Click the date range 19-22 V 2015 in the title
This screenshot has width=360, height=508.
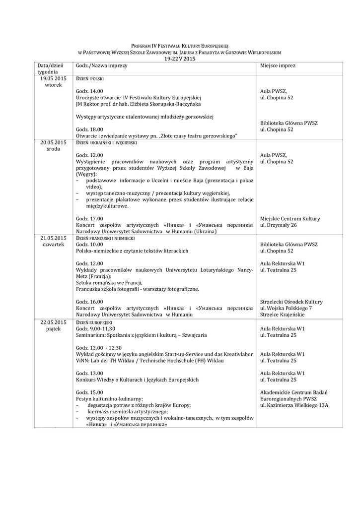click(180, 59)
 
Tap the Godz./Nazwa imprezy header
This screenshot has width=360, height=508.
click(102, 65)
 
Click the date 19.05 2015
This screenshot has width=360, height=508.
click(53, 78)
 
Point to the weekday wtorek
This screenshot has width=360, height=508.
click(53, 85)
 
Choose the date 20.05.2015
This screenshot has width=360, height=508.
click(53, 142)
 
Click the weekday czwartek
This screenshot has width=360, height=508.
click(53, 245)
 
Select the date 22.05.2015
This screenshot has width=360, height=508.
click(53, 322)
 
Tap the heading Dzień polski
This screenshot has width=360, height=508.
click(89, 79)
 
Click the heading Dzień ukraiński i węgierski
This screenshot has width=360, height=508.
click(106, 143)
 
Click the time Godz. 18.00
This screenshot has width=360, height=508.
click(90, 129)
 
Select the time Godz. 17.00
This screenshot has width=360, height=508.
click(90, 219)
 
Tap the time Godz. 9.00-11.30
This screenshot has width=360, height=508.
click(96, 328)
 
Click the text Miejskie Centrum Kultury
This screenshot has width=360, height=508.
click(290, 219)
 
